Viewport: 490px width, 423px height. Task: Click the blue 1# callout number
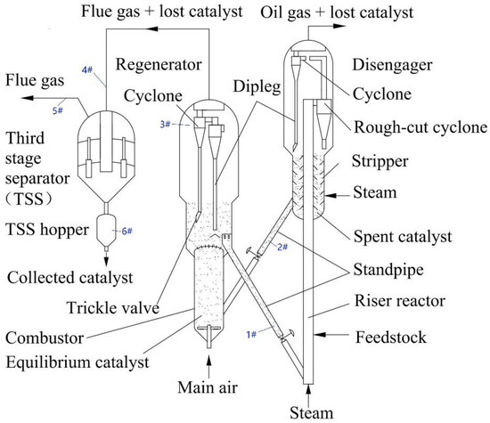(x=251, y=335)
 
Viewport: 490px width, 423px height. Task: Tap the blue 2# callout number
(x=282, y=247)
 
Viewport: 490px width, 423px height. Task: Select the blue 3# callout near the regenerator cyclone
(x=166, y=125)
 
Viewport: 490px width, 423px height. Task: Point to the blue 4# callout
(x=87, y=69)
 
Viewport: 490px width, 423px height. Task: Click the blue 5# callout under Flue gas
(x=58, y=110)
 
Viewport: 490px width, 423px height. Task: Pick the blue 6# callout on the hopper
(x=127, y=232)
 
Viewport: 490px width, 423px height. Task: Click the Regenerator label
(x=159, y=65)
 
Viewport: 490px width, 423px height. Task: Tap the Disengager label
(x=393, y=66)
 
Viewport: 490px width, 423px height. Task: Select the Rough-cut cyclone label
(x=421, y=127)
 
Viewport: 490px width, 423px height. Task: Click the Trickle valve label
(x=113, y=308)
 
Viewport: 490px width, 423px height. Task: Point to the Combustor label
(x=45, y=338)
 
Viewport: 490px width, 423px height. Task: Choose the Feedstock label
(x=391, y=338)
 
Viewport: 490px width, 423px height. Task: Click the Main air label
(x=208, y=387)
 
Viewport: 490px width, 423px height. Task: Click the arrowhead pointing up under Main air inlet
(x=209, y=362)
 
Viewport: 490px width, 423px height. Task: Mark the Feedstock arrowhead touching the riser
(x=319, y=335)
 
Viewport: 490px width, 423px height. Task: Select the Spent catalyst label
(x=403, y=237)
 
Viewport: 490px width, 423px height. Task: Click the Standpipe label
(x=388, y=270)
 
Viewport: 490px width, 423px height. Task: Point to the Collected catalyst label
(x=70, y=278)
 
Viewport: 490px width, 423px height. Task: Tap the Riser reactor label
(x=400, y=301)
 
